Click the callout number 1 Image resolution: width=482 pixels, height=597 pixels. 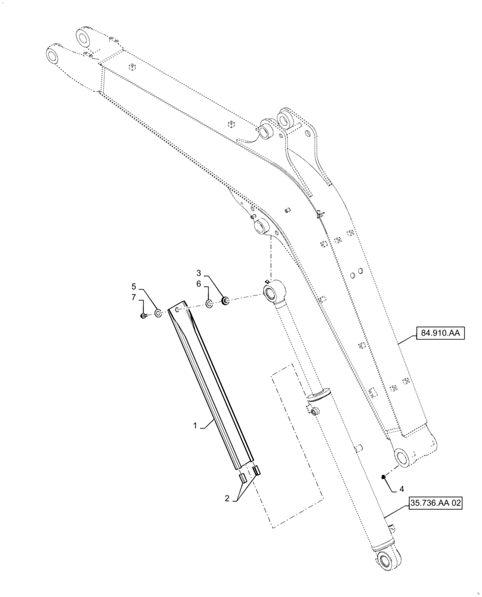(x=194, y=426)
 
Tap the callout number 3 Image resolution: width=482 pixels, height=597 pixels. (x=207, y=275)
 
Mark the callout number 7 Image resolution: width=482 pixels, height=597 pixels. (x=134, y=297)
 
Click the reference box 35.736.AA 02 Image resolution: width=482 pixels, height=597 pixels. (x=436, y=503)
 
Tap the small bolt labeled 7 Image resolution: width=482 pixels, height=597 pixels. (x=144, y=316)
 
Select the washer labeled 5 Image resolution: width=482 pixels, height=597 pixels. (x=158, y=313)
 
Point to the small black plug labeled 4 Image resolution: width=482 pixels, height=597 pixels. (x=383, y=476)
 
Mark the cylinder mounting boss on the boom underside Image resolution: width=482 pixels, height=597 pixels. (x=261, y=227)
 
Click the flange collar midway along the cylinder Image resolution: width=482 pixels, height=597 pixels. (x=320, y=395)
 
